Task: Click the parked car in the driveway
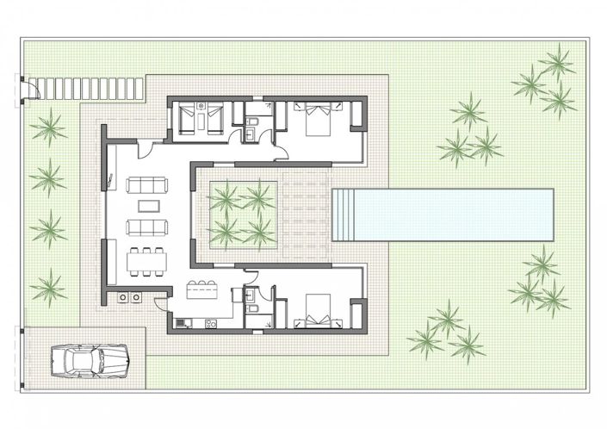tap(90, 358)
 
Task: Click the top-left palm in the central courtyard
tap(225, 197)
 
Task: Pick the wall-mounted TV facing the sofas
tap(113, 179)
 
